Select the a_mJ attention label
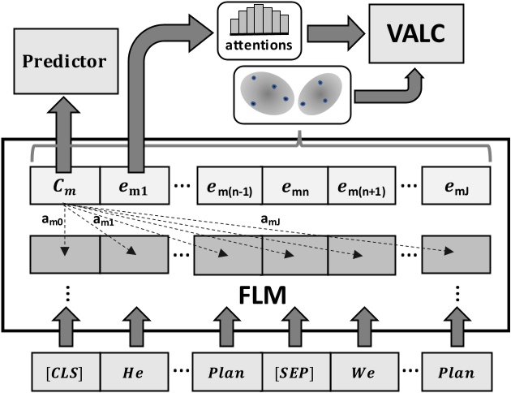click(273, 218)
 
